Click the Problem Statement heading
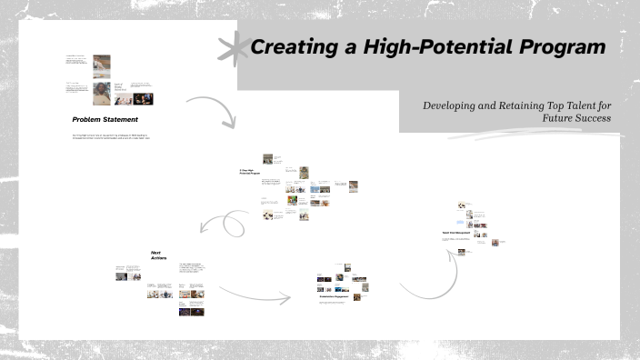click(105, 119)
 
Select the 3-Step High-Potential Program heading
click(250, 170)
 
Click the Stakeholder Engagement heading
click(335, 296)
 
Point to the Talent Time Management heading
click(457, 233)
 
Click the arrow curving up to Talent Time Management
click(427, 277)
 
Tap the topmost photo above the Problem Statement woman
click(102, 64)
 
